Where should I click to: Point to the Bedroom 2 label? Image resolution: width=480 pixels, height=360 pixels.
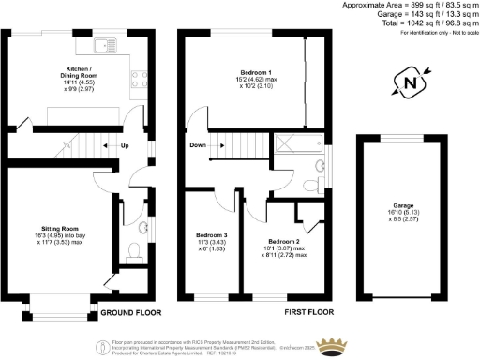pos(282,240)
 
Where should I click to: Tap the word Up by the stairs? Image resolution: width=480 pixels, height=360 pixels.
pos(125,145)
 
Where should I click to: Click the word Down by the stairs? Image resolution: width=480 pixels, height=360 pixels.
pos(198,145)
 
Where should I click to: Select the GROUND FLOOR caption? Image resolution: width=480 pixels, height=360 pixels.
pos(130,312)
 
